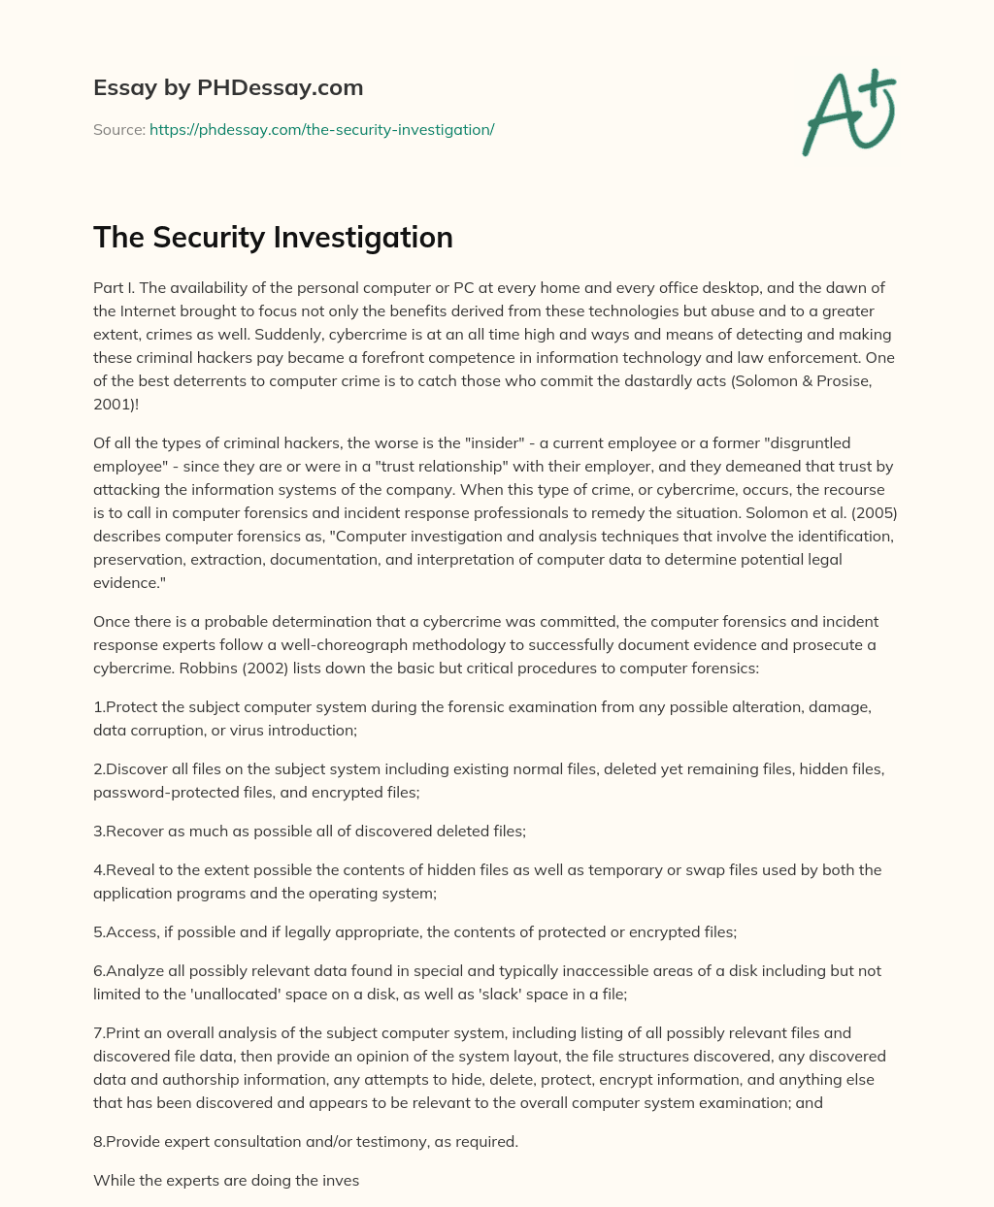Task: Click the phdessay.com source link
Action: (321, 129)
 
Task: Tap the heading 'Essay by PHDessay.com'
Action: (228, 87)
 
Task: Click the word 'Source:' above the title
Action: (118, 129)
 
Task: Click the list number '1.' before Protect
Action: (99, 706)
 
